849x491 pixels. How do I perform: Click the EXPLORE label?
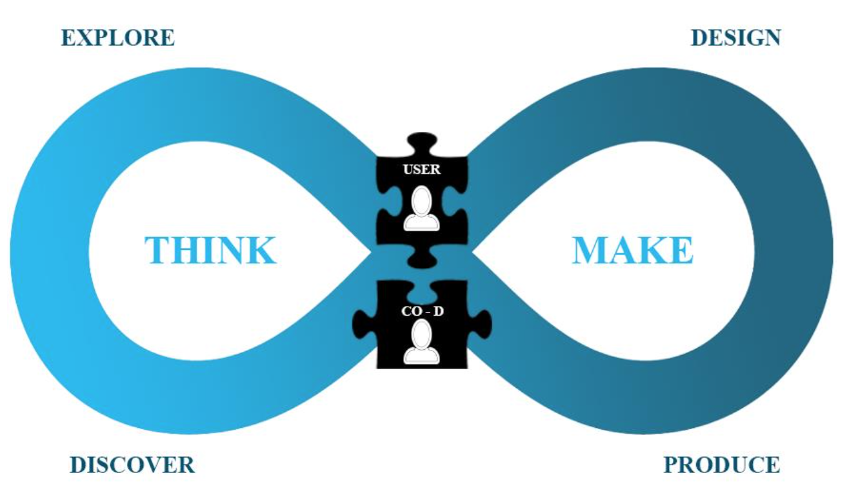117,37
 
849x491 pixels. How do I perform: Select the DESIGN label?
735,37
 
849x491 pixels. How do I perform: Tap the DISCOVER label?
132,465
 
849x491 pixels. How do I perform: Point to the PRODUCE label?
722,465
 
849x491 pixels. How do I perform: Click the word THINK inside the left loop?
210,251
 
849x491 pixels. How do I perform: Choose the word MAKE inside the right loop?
632,251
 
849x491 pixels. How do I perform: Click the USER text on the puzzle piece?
421,171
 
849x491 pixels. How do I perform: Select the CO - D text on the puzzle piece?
421,311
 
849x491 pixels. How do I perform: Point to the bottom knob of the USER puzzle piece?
422,258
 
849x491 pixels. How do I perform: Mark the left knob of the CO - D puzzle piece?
363,320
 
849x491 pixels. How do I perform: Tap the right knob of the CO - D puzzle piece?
481,320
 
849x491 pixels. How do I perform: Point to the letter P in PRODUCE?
671,465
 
